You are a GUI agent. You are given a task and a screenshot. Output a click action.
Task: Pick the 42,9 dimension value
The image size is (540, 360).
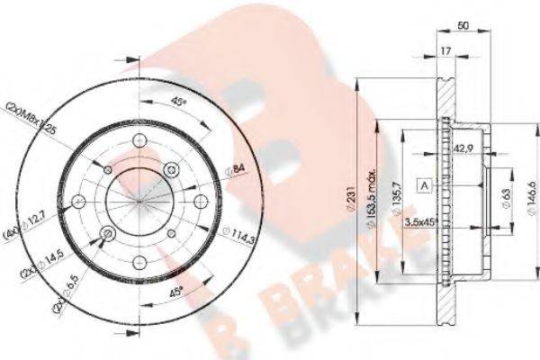464,149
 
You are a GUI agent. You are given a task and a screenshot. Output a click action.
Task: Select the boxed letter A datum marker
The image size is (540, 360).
421,184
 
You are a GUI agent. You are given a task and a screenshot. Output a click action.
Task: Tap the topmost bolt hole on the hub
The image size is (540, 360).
139,140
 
